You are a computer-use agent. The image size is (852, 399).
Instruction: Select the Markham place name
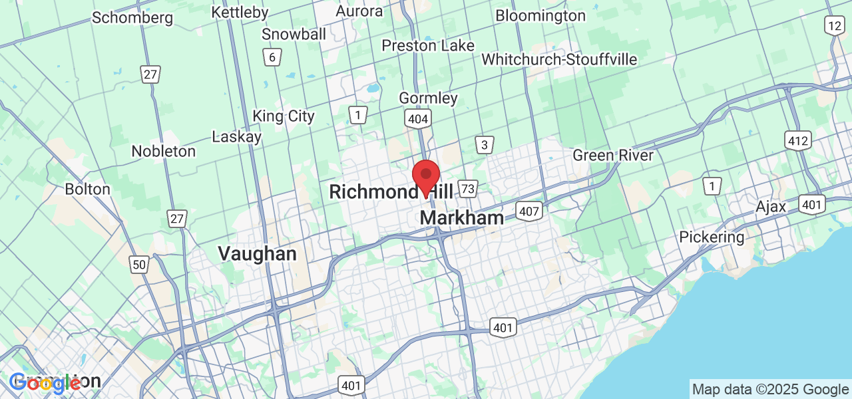(462, 218)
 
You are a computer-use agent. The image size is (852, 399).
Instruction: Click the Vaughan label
(257, 253)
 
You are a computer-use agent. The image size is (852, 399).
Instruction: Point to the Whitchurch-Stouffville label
(559, 59)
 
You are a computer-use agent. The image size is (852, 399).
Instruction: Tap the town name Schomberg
(132, 17)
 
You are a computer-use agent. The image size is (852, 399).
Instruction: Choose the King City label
(284, 116)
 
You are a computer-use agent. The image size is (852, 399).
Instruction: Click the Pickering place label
(712, 237)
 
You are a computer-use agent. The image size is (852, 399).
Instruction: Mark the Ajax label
(771, 207)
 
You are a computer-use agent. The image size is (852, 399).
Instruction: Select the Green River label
(613, 156)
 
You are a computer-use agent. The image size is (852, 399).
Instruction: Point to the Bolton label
(87, 189)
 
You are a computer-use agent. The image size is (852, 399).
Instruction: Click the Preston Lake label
(428, 45)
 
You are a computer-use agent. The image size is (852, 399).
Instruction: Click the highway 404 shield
(418, 119)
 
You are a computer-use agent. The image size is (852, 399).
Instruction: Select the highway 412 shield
(797, 140)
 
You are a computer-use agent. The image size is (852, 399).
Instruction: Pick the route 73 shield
(468, 189)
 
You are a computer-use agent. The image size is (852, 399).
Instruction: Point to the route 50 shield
(139, 265)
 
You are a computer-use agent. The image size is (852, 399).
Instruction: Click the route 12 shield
(834, 26)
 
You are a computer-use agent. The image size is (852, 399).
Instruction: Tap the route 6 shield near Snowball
(271, 57)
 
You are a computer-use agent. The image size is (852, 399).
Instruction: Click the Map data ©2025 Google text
(770, 390)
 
